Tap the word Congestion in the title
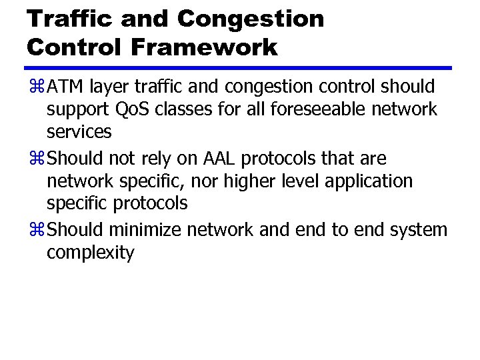[251, 19]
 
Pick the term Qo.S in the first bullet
[132, 109]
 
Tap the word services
[79, 131]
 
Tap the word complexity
[91, 253]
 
